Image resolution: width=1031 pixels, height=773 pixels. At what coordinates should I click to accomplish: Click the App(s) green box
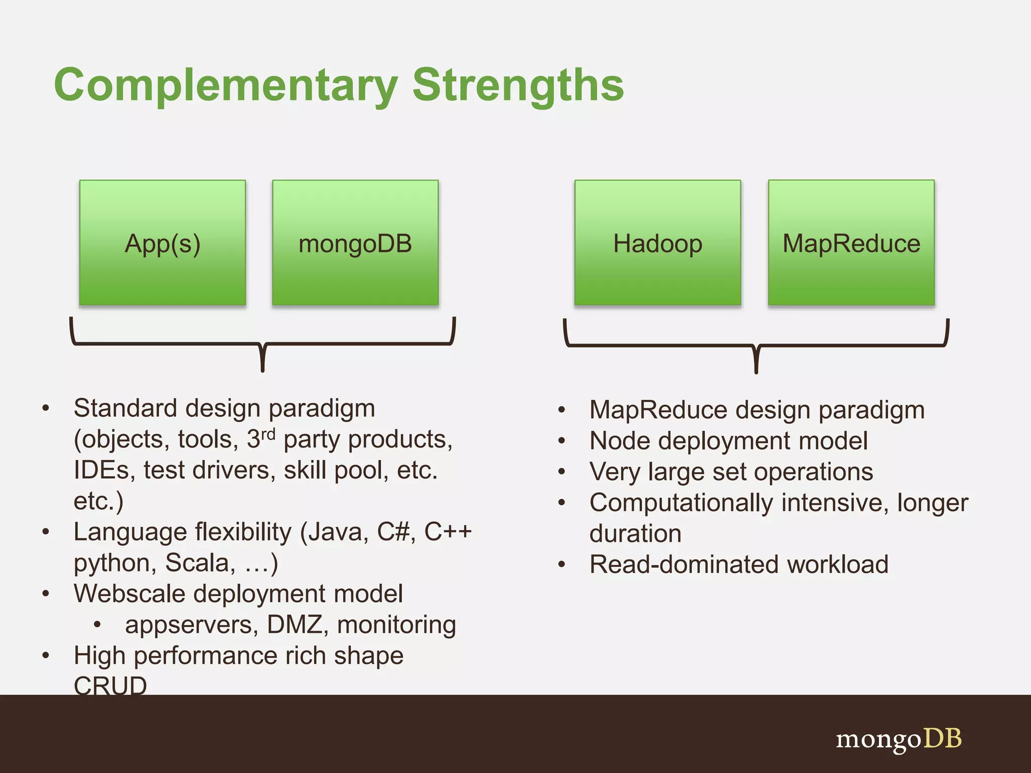coord(162,243)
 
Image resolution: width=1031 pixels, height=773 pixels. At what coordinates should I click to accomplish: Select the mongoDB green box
coord(355,243)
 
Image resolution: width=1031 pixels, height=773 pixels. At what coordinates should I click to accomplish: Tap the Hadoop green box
coord(657,243)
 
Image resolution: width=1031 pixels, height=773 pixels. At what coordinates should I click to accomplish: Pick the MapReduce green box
coord(851,243)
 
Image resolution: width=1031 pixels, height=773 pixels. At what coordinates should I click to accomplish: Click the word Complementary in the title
coord(226,86)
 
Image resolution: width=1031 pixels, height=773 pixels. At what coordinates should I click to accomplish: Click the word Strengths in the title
coord(518,86)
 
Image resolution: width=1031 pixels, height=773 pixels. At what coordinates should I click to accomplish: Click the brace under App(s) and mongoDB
coord(262,344)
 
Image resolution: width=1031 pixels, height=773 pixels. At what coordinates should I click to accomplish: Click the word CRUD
coord(110,686)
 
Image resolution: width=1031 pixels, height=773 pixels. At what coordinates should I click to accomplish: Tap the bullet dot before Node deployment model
coord(562,441)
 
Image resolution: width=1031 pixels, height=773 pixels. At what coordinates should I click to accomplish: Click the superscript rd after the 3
coord(268,433)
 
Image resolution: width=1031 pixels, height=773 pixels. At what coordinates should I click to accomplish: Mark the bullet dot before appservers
coord(98,625)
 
